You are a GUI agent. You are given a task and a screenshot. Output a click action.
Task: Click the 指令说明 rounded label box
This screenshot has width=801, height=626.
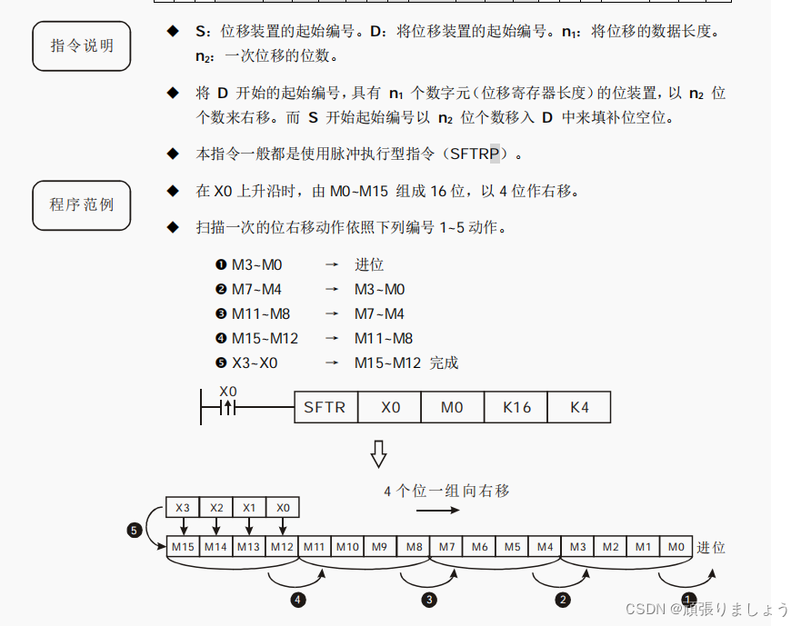81,45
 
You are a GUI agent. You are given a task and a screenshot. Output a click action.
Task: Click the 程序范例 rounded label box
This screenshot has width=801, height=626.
81,204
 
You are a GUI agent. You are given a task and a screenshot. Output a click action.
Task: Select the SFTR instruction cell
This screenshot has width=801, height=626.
325,407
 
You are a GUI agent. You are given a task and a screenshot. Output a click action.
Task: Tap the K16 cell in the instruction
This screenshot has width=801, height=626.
516,407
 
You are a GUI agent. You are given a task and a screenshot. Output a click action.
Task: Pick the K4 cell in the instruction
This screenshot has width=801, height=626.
579,407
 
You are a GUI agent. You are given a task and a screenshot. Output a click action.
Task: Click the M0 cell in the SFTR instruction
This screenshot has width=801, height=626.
452,407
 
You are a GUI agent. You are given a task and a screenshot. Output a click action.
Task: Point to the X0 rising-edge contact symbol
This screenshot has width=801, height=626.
227,408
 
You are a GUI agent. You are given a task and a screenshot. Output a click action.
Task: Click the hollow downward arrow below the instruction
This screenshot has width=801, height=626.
378,452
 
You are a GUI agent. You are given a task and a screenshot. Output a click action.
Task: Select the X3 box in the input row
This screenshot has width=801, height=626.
183,508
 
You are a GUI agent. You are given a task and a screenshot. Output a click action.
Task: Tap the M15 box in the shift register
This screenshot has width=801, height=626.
183,546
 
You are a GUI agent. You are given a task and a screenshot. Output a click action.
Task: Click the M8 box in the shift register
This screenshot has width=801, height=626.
414,546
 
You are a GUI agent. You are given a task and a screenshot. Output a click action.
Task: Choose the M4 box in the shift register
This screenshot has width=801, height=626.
545,546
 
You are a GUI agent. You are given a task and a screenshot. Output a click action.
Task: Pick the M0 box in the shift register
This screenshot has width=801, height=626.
676,546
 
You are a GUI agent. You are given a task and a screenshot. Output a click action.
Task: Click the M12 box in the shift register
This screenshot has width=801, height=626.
282,546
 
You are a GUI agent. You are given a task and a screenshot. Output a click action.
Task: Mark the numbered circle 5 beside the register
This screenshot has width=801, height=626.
135,530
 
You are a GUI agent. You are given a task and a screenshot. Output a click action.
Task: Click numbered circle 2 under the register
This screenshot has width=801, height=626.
563,600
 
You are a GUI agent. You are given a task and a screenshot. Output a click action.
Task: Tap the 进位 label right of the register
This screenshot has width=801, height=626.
711,547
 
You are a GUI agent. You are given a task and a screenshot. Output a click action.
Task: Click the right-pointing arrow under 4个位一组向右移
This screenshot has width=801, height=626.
439,510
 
